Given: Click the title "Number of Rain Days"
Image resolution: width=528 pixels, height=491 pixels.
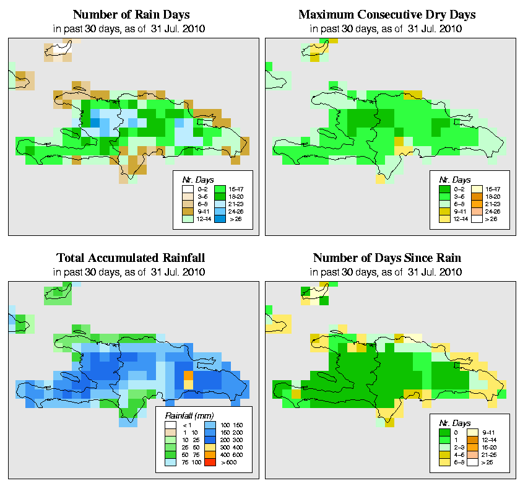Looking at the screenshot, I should (131, 14).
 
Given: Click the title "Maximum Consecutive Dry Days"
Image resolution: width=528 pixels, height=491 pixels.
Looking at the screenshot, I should (386, 14).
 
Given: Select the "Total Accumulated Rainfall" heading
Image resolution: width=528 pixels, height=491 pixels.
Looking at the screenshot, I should (131, 258).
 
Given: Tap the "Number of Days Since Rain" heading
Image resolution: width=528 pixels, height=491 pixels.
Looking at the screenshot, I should (386, 258).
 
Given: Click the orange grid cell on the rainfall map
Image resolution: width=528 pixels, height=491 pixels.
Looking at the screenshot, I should (189, 375).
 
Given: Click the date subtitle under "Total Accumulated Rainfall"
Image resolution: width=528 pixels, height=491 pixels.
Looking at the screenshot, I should (131, 271).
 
